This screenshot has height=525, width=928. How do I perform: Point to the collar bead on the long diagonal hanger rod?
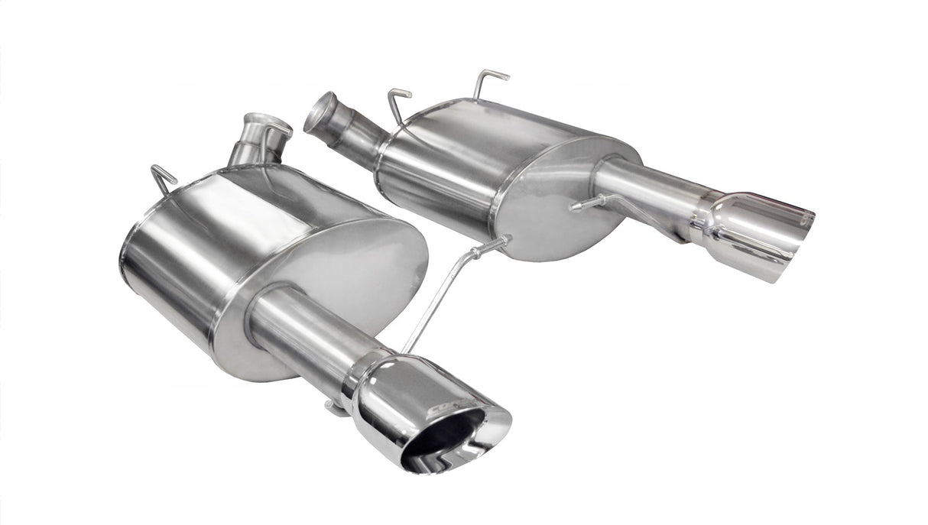(x=474, y=251)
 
